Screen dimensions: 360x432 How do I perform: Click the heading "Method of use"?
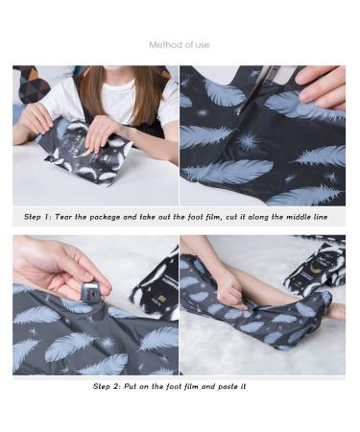[180, 45]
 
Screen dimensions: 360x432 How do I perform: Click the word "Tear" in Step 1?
[63, 217]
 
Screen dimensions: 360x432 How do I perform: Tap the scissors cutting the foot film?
[255, 89]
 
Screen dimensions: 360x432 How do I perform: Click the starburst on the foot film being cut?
[249, 140]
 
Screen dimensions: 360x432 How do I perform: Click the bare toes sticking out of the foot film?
[336, 310]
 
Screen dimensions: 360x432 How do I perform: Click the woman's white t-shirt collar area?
[122, 85]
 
